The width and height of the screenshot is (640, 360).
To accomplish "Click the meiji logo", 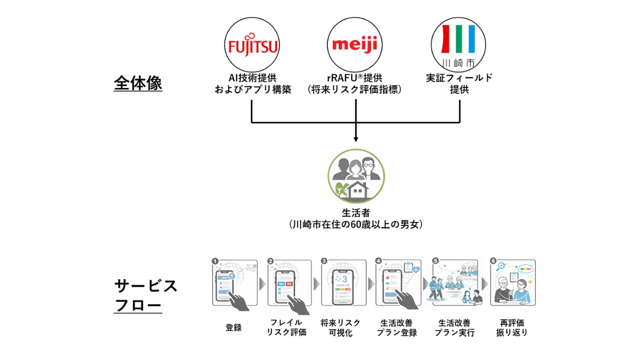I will click(x=355, y=44).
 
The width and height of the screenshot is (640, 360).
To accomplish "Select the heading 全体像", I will click(x=138, y=84).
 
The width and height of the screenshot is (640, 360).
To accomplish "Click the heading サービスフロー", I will click(x=145, y=295).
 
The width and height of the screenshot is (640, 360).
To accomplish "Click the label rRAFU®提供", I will click(x=355, y=78).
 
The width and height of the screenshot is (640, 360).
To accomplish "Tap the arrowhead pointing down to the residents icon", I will click(x=355, y=140).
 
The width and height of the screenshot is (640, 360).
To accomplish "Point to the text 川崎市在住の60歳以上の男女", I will click(x=355, y=225).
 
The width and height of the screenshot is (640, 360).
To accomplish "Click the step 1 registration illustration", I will click(x=234, y=283).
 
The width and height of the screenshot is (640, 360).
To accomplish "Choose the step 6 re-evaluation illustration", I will click(x=513, y=283).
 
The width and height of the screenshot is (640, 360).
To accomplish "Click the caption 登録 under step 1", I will click(x=234, y=327).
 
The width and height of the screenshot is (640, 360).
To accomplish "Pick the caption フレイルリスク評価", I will click(x=287, y=327).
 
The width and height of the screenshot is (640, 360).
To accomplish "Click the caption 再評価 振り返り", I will click(x=513, y=327).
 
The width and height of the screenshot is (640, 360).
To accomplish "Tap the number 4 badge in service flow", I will click(x=379, y=261).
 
